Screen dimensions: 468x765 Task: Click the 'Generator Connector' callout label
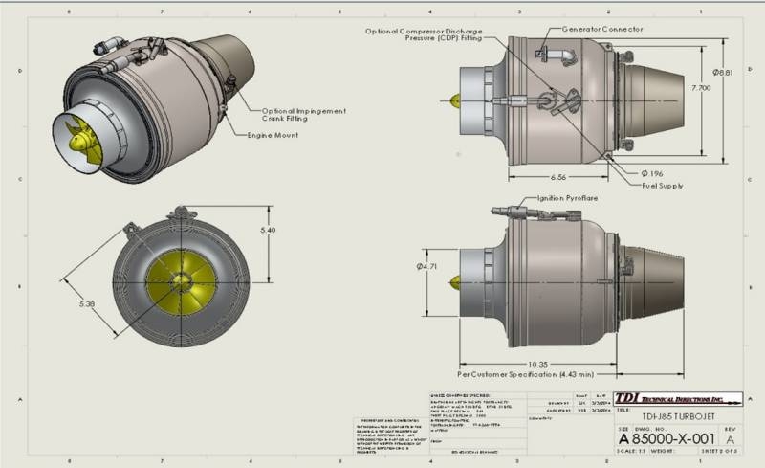[601, 30]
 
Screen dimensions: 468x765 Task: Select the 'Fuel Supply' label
[663, 185]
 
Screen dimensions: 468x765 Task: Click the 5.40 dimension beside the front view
[269, 231]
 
